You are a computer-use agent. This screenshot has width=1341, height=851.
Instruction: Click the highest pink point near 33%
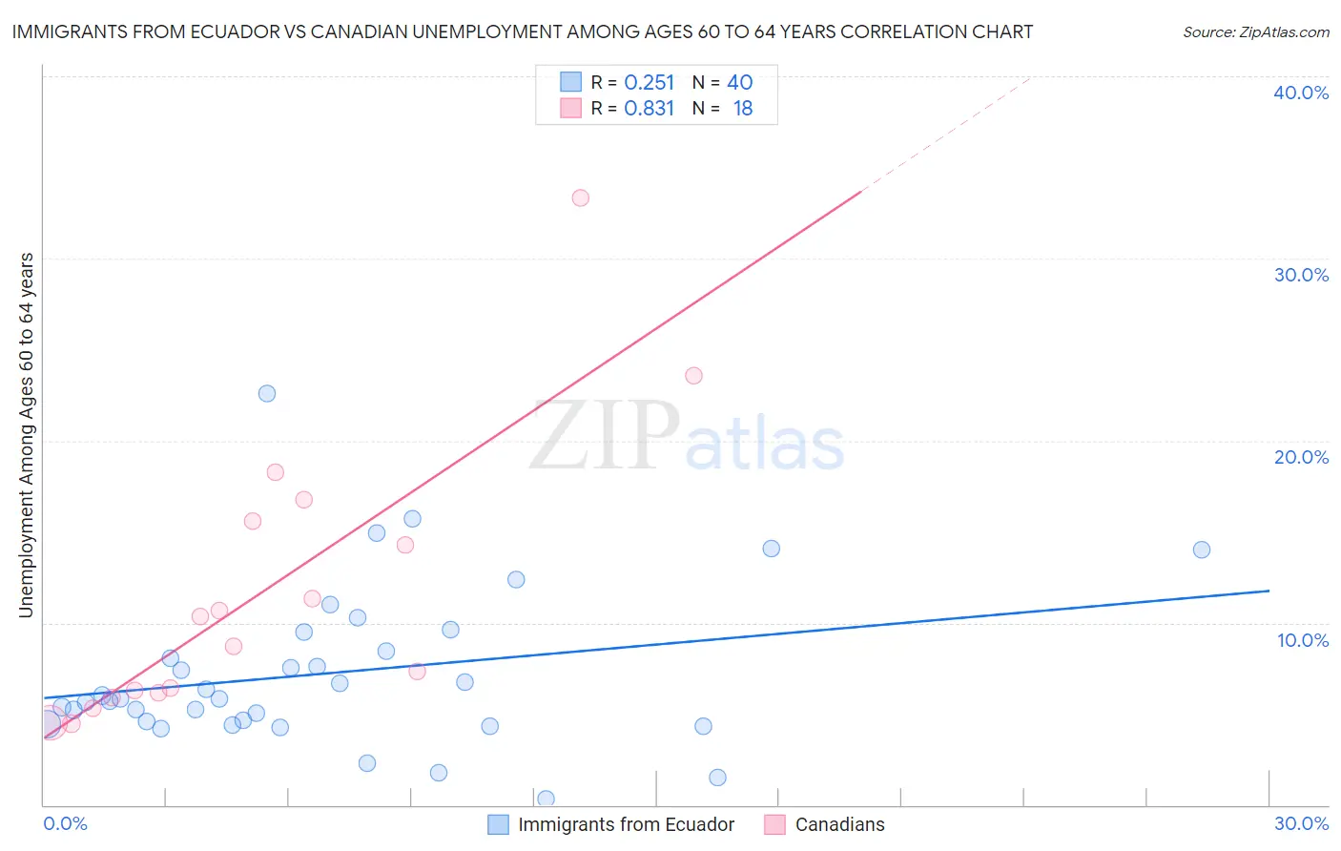pos(580,198)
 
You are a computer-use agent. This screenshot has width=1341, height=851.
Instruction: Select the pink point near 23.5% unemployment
pos(693,376)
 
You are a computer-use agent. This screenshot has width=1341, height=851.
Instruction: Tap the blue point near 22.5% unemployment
pos(267,394)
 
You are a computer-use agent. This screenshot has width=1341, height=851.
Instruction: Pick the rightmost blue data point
pos(1202,550)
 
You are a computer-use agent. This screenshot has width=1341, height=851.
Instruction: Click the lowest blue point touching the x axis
pos(546,799)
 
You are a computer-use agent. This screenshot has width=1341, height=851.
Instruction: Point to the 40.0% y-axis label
pos(1301,93)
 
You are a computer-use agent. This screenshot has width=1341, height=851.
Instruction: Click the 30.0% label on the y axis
pos(1301,275)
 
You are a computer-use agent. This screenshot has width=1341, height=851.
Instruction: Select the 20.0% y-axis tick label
pos(1301,457)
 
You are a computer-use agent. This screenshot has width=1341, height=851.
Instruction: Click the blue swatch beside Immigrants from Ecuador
pos(498,824)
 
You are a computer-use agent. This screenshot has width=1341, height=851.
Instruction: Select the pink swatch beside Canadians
pos(774,824)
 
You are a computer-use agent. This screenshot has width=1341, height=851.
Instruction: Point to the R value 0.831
pos(649,109)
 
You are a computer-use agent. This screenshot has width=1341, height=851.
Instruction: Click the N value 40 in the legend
pos(740,83)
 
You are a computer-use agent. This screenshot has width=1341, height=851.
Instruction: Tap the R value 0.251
pos(649,83)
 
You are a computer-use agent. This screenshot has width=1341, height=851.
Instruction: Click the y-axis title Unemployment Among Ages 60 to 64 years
pos(26,435)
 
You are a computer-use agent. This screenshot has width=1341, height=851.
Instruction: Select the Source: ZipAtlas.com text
pos(1255,32)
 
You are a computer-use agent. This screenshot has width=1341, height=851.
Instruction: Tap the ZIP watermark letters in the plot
pos(605,437)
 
